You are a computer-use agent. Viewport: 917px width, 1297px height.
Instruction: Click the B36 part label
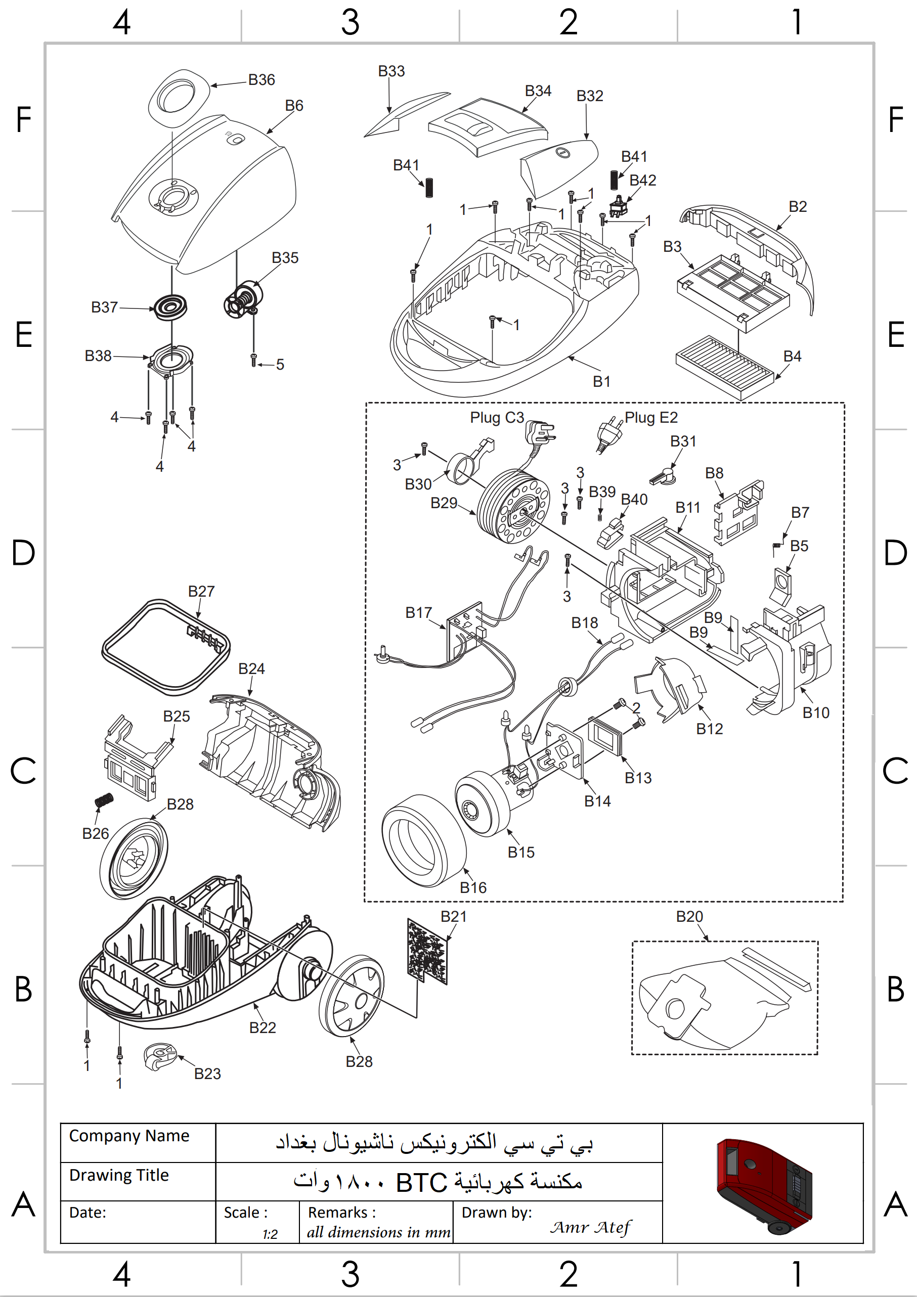[261, 80]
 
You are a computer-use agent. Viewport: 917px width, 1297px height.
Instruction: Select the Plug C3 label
[497, 418]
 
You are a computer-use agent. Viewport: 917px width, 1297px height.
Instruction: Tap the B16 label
[473, 887]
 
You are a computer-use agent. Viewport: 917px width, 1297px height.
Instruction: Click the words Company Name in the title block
[129, 1135]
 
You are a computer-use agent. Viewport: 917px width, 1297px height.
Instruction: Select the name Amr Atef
[590, 1227]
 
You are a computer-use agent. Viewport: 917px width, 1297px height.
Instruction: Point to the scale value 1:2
[270, 1234]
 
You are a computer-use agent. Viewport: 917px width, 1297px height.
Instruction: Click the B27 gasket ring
[165, 647]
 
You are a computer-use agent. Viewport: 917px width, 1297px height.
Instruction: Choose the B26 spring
[104, 800]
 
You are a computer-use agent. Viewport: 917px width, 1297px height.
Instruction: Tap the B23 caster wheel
[159, 1056]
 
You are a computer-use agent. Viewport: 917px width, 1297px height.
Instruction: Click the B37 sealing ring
[170, 307]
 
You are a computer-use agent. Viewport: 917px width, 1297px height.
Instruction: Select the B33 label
[391, 71]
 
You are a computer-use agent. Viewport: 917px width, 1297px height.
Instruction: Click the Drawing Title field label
[119, 1175]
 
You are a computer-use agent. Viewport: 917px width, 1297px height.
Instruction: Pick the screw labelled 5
[254, 360]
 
